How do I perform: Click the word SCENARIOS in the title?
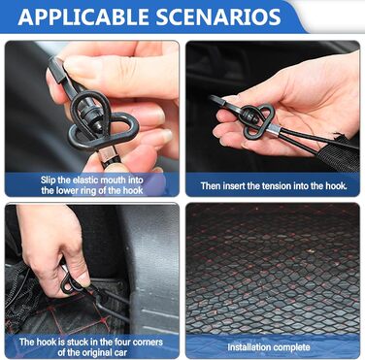point(218,16)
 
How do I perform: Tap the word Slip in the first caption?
point(48,180)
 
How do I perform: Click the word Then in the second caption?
point(209,186)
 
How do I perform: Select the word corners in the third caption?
point(148,342)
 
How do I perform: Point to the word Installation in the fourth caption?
point(246,347)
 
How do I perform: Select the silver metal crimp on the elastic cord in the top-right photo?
point(274,131)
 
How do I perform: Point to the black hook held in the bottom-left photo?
point(73,284)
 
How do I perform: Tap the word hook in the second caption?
point(336,186)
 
